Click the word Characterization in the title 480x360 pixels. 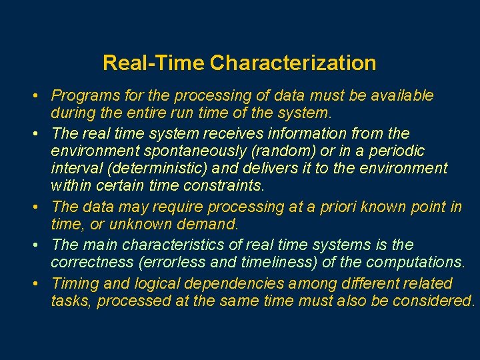[x=293, y=63]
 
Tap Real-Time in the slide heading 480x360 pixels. [x=154, y=63]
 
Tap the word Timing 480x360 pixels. [x=74, y=283]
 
